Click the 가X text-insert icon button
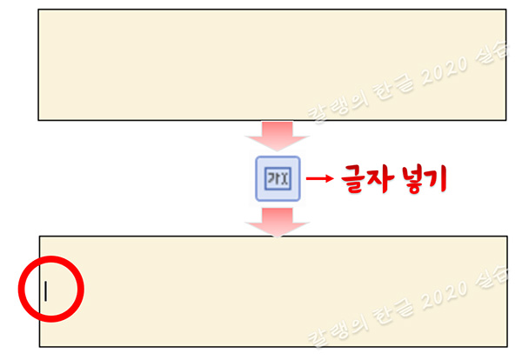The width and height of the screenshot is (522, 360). pos(277,179)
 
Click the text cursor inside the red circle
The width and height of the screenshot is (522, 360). pos(45,290)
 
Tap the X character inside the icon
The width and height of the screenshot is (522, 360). pos(284,180)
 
